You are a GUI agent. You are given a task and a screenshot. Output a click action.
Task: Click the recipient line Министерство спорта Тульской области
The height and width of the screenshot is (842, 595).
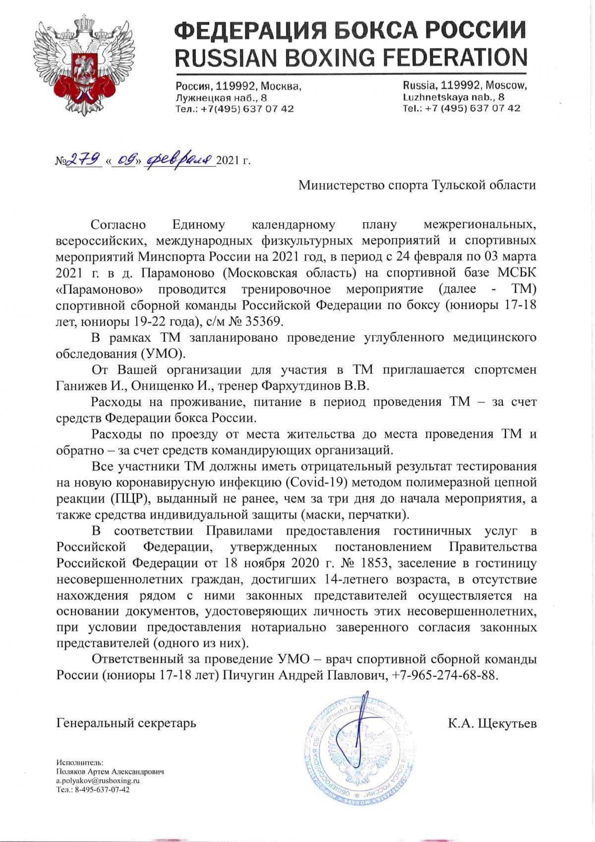[417, 185]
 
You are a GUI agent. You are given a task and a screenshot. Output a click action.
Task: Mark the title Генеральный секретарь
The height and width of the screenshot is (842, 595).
[126, 723]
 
